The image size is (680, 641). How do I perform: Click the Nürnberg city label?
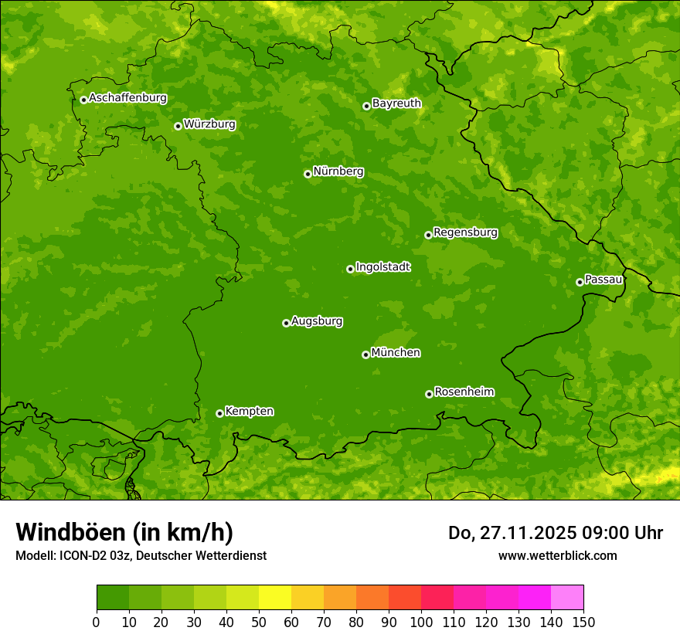point(338,171)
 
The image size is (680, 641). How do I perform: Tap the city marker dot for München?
point(365,354)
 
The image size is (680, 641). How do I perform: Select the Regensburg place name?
point(465,232)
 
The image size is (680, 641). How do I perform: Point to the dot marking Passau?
point(580,282)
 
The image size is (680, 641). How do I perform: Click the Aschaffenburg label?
point(127,98)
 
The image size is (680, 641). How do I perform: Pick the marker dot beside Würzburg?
point(178,126)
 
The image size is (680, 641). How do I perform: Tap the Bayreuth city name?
point(396,103)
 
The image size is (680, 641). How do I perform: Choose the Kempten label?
point(249,412)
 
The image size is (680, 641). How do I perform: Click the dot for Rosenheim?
point(429,394)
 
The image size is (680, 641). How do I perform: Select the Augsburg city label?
point(317,321)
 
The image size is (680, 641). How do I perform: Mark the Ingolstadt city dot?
point(350,269)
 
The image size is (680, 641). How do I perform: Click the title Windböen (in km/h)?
point(124,532)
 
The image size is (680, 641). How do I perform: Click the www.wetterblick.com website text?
point(557,555)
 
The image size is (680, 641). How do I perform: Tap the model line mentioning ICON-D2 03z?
point(141,555)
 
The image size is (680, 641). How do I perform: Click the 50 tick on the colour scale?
point(259,621)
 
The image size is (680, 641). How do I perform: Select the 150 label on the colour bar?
point(583,621)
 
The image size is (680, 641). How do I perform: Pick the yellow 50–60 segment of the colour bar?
point(275,598)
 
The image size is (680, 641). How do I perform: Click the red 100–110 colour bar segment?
point(437,598)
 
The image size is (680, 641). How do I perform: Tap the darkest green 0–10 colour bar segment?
point(113,598)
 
